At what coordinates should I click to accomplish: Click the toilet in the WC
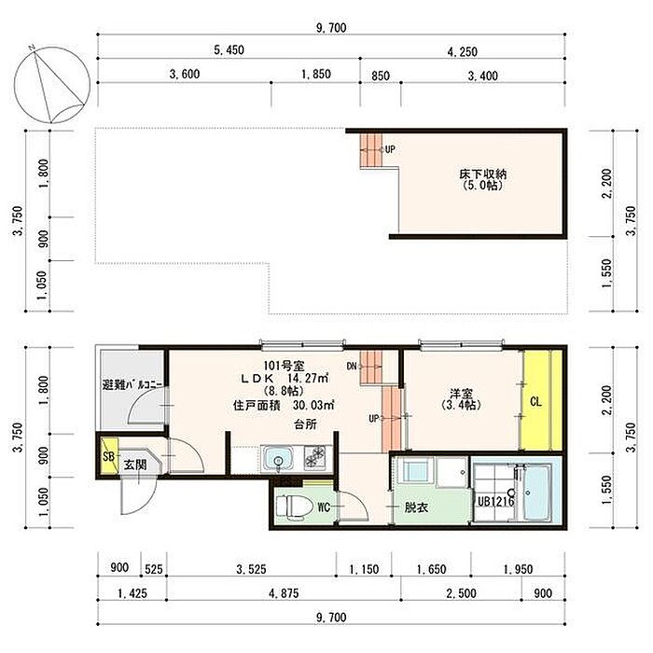click(295, 507)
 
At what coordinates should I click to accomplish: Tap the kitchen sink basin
click(278, 459)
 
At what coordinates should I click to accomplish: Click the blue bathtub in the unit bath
click(536, 493)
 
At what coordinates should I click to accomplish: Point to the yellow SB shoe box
click(109, 456)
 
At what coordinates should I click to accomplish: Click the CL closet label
click(535, 401)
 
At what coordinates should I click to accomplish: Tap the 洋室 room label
click(461, 393)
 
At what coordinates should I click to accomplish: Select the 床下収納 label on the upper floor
click(482, 174)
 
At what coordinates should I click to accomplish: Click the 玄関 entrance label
click(135, 465)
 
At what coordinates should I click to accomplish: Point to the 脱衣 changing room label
click(416, 507)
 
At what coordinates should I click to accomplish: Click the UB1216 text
click(495, 501)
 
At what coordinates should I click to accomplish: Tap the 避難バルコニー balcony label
click(132, 384)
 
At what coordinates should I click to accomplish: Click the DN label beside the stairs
click(352, 366)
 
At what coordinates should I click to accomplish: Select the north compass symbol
click(51, 85)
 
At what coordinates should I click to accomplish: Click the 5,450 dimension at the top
click(229, 50)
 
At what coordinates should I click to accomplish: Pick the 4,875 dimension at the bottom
click(284, 593)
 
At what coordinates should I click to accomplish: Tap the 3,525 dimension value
click(251, 569)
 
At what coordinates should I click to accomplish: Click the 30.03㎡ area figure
click(313, 405)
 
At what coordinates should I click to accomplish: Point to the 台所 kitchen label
click(305, 424)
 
